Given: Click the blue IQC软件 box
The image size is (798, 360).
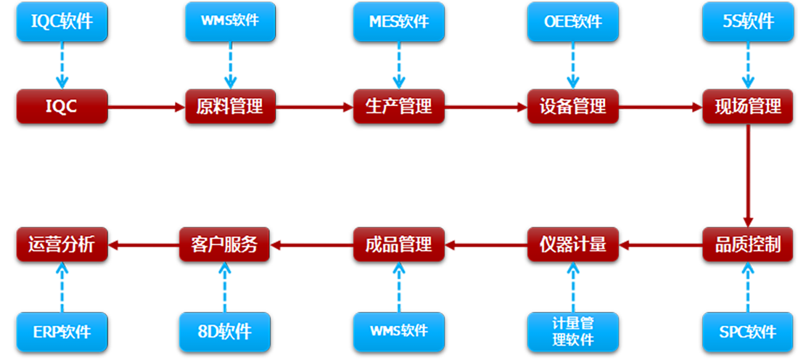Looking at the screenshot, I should coord(62,21).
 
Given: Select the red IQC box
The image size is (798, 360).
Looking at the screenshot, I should coord(62,107).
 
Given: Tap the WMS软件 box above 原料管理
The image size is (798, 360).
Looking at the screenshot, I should coord(230,21).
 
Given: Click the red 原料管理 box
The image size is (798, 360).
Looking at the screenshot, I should coord(230,107).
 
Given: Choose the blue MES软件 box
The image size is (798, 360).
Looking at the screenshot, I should coord(398,21).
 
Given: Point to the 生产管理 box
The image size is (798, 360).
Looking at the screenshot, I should coord(398,107).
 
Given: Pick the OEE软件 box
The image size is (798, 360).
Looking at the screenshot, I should coord(572,21).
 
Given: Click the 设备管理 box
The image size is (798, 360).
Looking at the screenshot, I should coord(572,107).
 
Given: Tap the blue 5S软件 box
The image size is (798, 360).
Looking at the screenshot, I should coord(747,21).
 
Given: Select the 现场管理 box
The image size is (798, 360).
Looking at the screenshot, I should coord(747,107).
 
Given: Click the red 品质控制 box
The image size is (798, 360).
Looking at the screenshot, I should coord(747,245).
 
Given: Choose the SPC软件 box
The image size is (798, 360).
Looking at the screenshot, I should coord(747,332).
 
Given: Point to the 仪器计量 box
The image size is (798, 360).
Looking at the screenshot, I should coord(572,245).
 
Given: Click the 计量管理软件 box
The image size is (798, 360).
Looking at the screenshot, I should coord(572,332).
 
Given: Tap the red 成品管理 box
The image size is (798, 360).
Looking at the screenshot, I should coord(398,245).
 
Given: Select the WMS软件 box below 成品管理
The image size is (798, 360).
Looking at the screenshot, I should coord(398,332).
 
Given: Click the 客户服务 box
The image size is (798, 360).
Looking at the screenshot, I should coord(224,245).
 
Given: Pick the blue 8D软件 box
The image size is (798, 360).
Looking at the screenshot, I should coord(224,332).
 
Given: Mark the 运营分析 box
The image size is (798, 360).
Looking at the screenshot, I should coord(62,245).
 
